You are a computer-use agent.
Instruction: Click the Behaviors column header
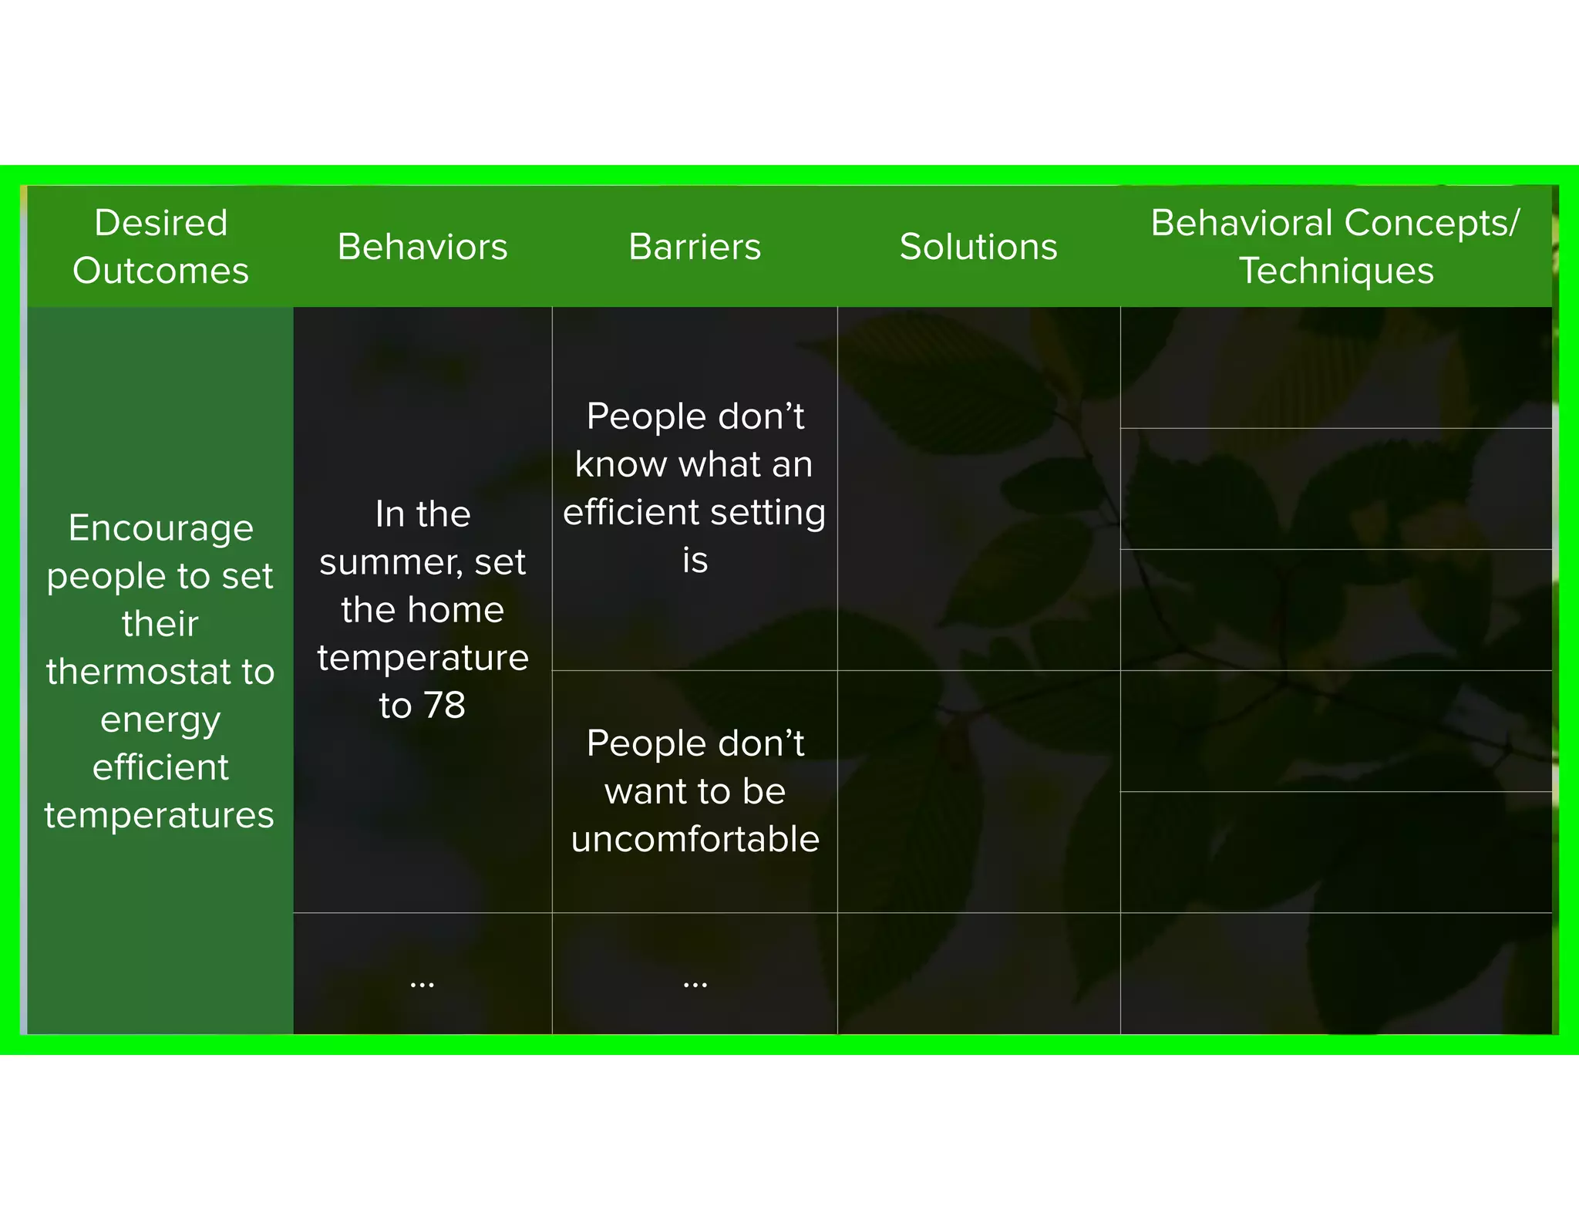(422, 247)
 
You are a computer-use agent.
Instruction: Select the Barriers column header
(694, 247)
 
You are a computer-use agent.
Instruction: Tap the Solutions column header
(978, 247)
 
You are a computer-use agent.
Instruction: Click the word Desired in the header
(160, 223)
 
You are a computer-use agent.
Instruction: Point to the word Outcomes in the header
(160, 271)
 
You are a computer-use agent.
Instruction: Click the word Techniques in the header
(1335, 271)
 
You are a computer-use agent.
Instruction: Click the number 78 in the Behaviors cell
(444, 705)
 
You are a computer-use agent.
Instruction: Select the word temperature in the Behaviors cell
(423, 658)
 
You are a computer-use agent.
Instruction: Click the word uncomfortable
(695, 839)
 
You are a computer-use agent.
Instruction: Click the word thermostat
(137, 672)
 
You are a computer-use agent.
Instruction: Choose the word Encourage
(160, 528)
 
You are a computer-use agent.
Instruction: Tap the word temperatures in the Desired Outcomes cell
(159, 815)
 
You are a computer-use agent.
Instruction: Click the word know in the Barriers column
(620, 464)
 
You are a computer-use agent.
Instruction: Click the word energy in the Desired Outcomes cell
(160, 720)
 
